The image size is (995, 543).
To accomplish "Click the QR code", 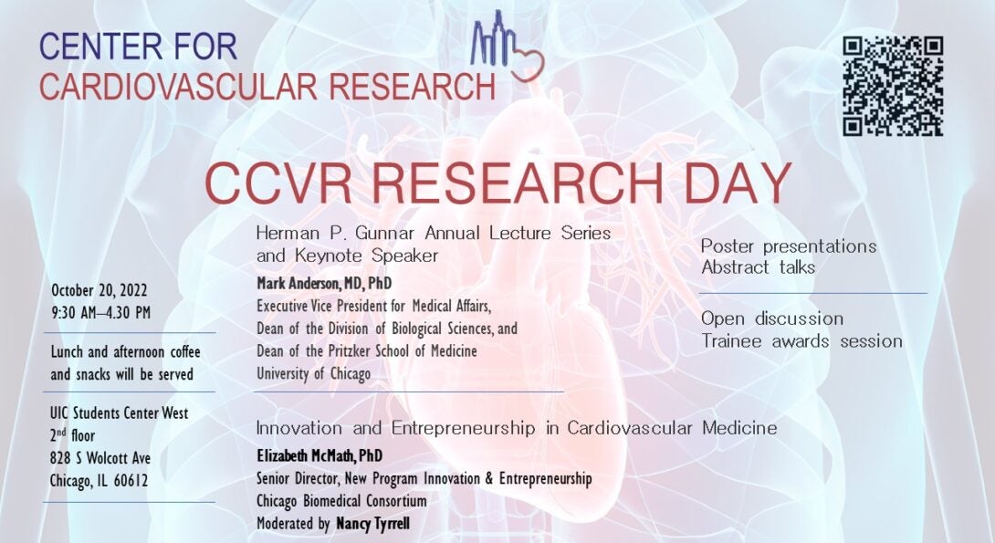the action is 893,87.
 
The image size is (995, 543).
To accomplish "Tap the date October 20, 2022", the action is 99,291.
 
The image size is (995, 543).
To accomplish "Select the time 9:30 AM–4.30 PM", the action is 101,313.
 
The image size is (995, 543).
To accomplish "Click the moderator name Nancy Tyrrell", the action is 372,524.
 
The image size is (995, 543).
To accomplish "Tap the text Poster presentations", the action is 789,246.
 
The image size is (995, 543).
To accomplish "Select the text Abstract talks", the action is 759,267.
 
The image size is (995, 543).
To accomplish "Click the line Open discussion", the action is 772,318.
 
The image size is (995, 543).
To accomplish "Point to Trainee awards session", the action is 801,341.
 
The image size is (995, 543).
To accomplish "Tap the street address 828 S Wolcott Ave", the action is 100,458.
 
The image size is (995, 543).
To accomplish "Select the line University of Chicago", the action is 313,374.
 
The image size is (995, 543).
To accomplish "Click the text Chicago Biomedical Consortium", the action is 341,501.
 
